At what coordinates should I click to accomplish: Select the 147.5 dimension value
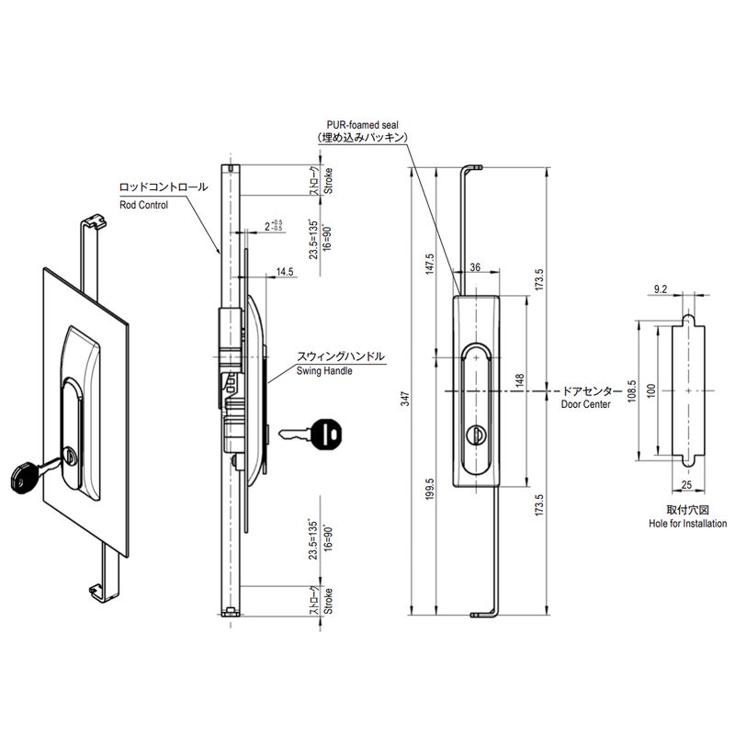coord(430,264)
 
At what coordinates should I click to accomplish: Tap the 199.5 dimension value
coord(430,489)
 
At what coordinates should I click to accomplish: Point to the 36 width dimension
coord(475,267)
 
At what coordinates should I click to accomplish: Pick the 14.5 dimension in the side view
coord(285,272)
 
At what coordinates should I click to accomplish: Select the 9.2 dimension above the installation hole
coord(660,289)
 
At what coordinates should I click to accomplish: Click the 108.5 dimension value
coord(631,390)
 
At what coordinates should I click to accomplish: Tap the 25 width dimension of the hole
coord(686,485)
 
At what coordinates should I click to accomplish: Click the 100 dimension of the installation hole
coord(650,391)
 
